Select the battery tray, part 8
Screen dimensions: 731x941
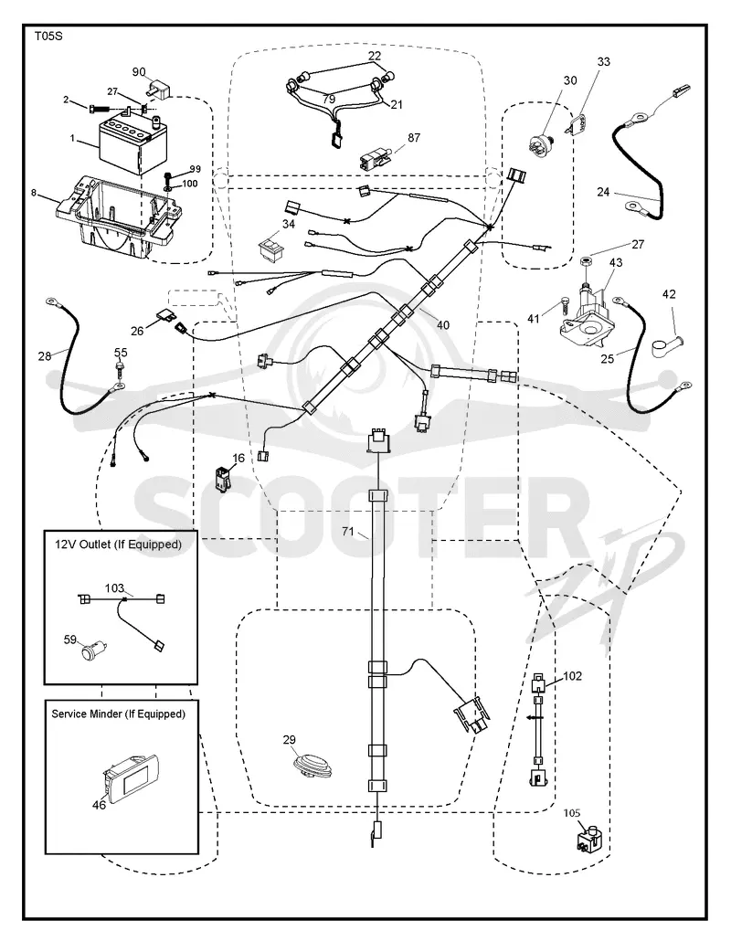click(x=117, y=216)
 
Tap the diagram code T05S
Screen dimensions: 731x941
click(x=48, y=36)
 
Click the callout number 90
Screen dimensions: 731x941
click(x=139, y=72)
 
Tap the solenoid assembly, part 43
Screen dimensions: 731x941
click(x=588, y=315)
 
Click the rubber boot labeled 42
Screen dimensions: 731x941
click(x=666, y=345)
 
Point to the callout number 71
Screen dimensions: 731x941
click(x=348, y=531)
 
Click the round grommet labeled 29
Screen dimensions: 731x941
click(x=312, y=765)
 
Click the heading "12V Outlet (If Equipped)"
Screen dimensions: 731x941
click(x=118, y=545)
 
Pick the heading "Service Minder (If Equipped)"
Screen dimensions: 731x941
click(x=118, y=714)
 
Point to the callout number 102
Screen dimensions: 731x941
click(x=572, y=676)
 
